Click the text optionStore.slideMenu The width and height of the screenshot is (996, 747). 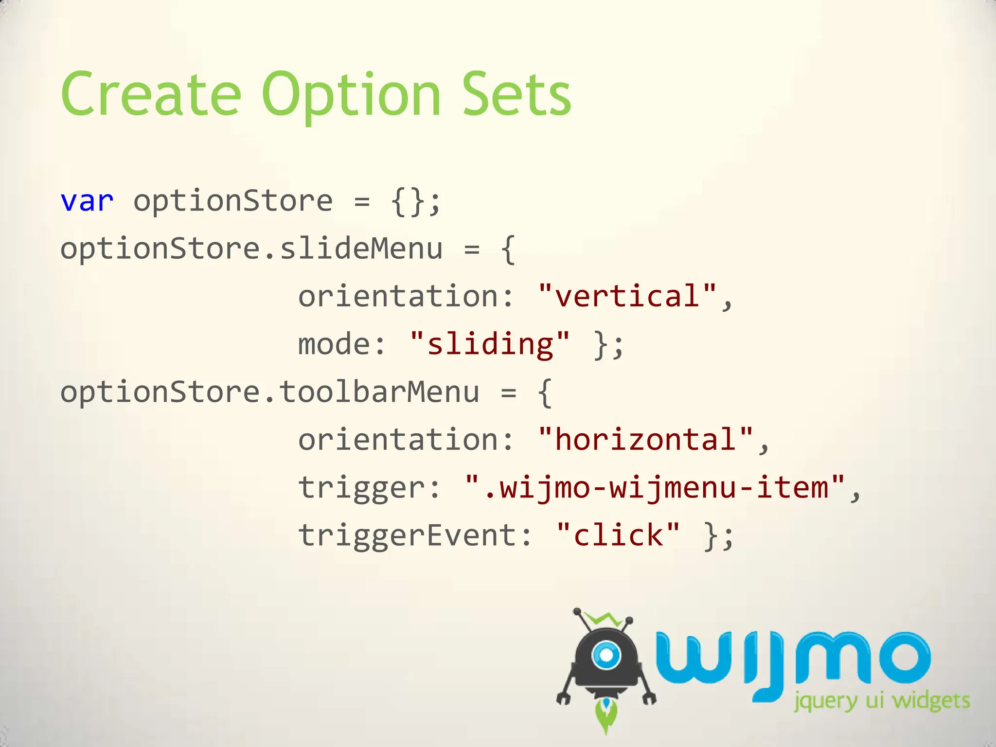tap(251, 249)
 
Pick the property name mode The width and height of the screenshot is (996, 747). tap(335, 344)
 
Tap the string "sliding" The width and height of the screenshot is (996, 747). tap(490, 344)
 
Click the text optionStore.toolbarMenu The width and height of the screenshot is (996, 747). tap(270, 392)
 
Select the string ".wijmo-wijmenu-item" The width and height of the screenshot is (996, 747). tap(655, 487)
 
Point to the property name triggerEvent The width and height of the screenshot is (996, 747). tap(408, 535)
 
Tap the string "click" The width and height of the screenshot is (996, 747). tap(618, 535)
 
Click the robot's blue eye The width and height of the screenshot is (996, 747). tap(606, 655)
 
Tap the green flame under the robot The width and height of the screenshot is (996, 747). tap(606, 716)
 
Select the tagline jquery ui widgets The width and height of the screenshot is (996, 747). tap(882, 702)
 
